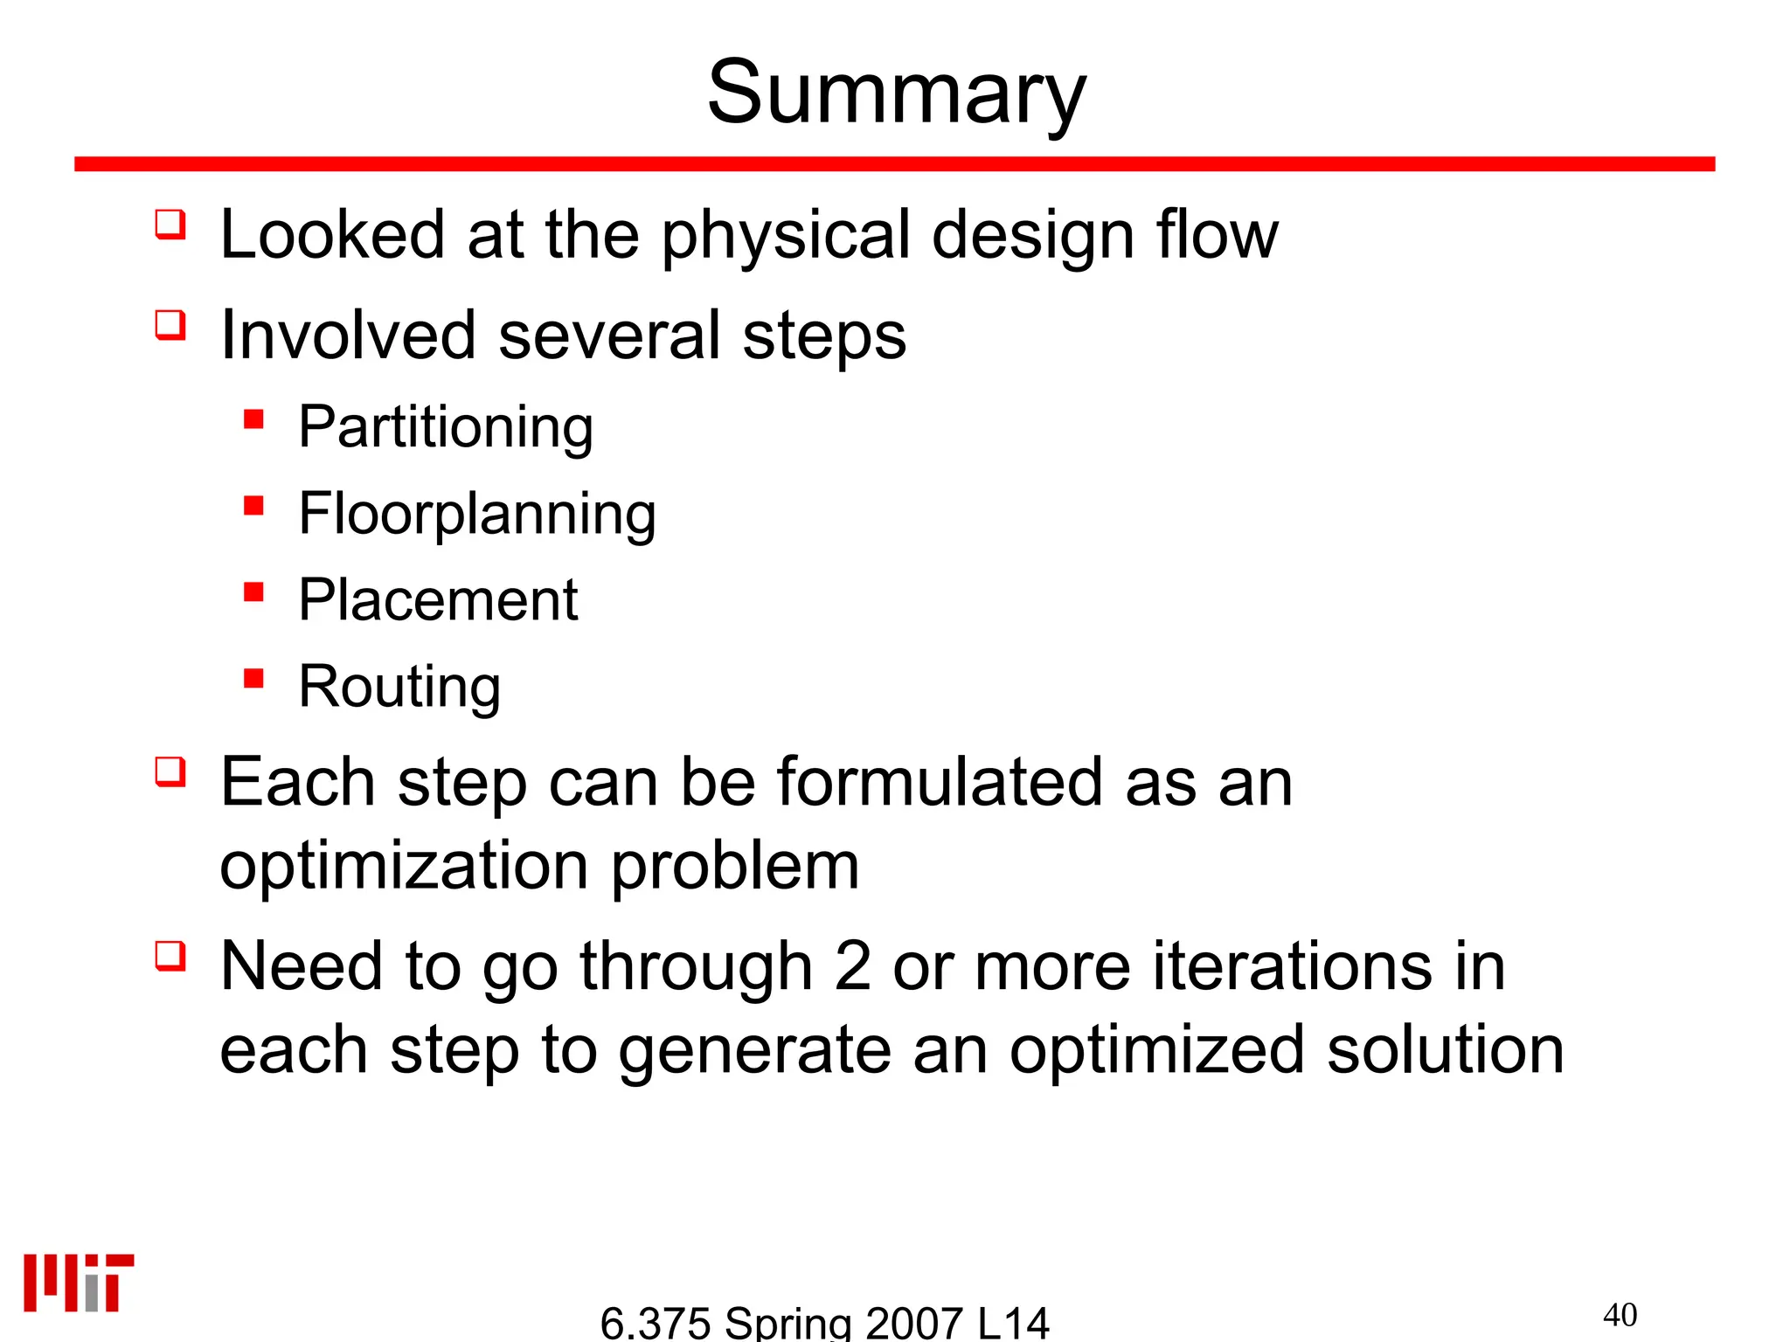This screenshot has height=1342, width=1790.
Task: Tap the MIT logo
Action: [x=79, y=1283]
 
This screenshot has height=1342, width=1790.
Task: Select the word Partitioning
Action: [x=446, y=427]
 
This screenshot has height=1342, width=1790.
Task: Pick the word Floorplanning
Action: [x=477, y=514]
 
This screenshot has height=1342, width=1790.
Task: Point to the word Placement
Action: [x=438, y=600]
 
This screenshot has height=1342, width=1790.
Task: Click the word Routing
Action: [x=399, y=687]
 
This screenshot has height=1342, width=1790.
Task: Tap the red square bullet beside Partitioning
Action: [x=254, y=419]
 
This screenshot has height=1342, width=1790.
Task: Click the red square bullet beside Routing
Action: [x=254, y=679]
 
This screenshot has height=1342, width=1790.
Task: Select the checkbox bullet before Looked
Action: [x=170, y=224]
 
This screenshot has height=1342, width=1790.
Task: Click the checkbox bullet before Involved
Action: [x=170, y=325]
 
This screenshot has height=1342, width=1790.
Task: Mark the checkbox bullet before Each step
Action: [x=170, y=771]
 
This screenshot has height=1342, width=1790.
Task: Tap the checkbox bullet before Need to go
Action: [x=170, y=956]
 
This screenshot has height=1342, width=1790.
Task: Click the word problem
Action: [x=734, y=867]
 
